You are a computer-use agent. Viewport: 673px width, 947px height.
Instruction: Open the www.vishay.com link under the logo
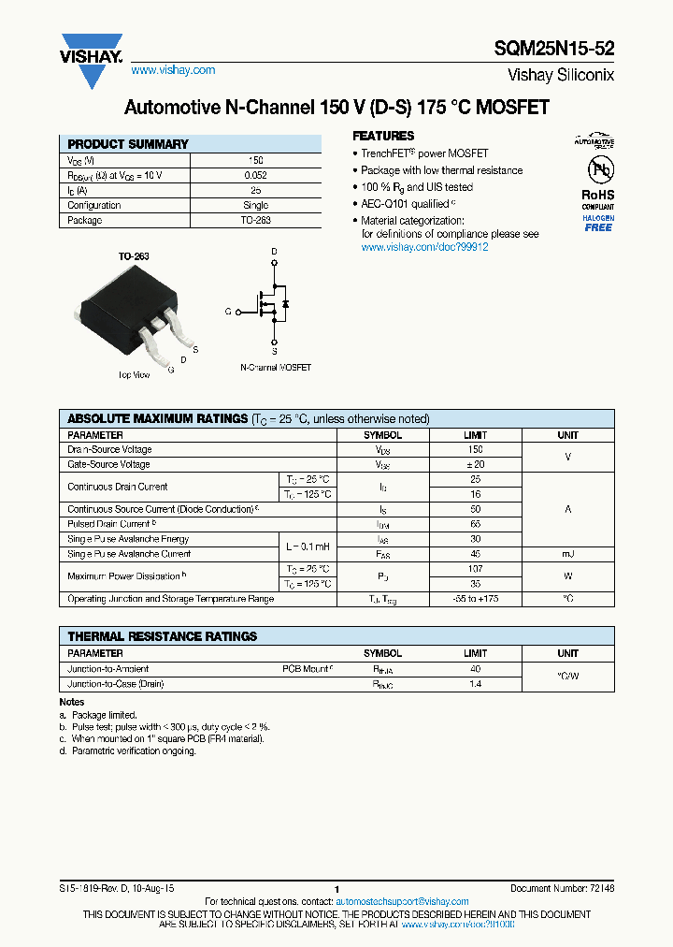(x=173, y=70)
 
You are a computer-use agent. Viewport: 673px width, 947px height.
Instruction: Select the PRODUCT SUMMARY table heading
(x=128, y=144)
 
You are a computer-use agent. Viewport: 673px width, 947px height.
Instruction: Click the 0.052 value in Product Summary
(x=255, y=175)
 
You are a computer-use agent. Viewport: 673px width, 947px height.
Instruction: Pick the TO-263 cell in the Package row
(x=255, y=221)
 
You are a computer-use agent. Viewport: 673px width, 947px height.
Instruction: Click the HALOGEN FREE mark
(x=598, y=223)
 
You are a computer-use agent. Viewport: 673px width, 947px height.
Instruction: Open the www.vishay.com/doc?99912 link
(x=424, y=247)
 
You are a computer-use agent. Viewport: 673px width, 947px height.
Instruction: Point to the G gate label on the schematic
(x=227, y=311)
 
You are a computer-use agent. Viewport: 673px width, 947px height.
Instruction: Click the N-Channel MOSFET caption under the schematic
(x=276, y=368)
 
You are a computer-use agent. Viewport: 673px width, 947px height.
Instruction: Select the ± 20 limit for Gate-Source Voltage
(x=475, y=464)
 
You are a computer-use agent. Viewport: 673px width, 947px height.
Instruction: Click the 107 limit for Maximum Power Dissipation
(x=475, y=569)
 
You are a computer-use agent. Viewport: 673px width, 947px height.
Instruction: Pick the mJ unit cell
(x=567, y=554)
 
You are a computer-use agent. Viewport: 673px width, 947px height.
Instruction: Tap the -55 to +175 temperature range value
(x=475, y=599)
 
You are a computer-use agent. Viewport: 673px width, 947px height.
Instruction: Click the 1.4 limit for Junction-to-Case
(x=475, y=685)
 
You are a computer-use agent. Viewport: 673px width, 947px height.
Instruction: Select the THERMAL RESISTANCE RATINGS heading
(x=162, y=636)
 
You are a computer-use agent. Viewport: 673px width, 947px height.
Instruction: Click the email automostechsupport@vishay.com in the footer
(x=402, y=901)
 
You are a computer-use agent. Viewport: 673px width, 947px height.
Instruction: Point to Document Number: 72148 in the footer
(x=562, y=888)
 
